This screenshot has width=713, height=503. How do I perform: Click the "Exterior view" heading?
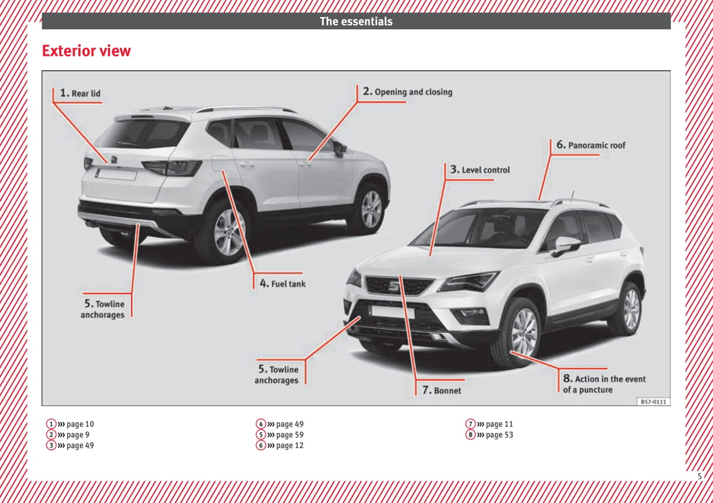click(x=86, y=51)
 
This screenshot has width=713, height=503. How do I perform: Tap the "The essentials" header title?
click(x=356, y=21)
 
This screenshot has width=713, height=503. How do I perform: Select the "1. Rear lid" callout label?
click(x=80, y=93)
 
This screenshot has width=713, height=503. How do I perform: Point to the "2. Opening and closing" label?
click(x=408, y=92)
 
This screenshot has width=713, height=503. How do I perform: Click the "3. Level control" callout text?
click(x=480, y=170)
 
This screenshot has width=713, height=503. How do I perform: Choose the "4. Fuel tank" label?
click(x=283, y=283)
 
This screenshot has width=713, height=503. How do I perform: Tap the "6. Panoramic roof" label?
click(x=591, y=145)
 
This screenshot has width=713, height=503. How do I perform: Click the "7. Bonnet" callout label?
click(x=441, y=390)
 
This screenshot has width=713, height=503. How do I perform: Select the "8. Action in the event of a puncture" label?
click(x=604, y=384)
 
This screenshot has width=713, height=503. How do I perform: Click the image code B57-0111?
click(x=653, y=402)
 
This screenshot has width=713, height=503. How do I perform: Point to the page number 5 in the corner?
click(x=700, y=476)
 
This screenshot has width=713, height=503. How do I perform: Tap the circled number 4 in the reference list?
click(x=261, y=424)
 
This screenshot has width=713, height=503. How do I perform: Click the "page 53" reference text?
click(x=499, y=434)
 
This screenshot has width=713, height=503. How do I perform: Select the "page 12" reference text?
click(x=290, y=446)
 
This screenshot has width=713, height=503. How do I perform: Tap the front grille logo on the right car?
click(x=394, y=285)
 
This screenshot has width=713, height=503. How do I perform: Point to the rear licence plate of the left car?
click(x=117, y=175)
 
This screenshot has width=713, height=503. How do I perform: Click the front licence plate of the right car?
click(x=393, y=312)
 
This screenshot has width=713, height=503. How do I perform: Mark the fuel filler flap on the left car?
click(x=219, y=163)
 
